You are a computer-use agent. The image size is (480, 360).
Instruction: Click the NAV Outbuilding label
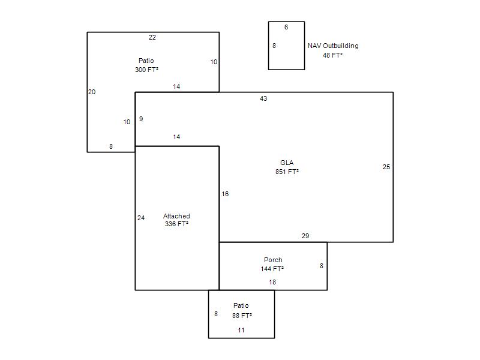333,46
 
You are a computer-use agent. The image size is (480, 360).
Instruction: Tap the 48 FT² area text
332,55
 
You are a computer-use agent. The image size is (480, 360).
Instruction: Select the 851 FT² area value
287,172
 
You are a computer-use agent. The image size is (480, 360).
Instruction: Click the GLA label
287,163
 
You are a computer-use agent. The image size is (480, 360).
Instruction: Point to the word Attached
176,216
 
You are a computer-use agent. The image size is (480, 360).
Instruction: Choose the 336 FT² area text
176,224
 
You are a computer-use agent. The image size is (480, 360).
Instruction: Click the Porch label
273,260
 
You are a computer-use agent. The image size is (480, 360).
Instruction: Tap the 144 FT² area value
272,269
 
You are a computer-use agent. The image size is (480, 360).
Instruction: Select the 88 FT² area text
242,316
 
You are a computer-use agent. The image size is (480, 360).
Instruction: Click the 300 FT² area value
146,70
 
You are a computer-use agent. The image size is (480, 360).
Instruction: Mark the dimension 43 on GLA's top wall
263,98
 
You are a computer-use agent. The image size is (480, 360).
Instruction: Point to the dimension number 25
386,167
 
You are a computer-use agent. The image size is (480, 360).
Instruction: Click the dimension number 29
305,236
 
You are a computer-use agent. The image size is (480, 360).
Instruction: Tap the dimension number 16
225,194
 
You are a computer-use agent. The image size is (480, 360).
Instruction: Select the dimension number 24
141,218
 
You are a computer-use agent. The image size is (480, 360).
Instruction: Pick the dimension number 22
152,38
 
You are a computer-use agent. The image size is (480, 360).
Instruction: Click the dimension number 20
92,92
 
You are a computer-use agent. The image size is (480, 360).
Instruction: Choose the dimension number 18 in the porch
272,282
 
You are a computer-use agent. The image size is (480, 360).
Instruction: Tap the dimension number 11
241,331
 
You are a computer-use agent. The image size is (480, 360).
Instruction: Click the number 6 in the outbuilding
286,27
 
